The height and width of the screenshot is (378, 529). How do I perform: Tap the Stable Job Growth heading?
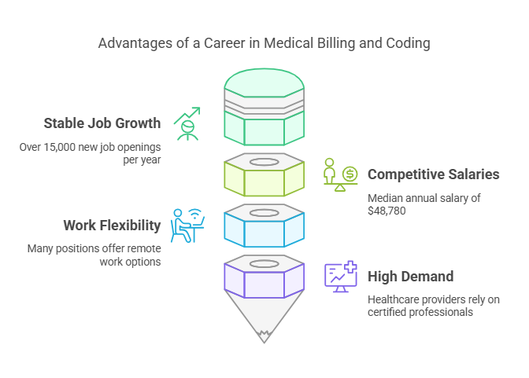[x=102, y=123]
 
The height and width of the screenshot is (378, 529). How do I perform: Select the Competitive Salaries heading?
[x=433, y=174]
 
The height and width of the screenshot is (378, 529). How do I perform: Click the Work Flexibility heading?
[x=112, y=226]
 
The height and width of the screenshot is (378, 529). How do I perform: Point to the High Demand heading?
[x=410, y=276]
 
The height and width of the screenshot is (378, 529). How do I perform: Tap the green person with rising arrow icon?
[x=187, y=123]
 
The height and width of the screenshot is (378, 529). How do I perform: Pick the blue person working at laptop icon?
[x=187, y=226]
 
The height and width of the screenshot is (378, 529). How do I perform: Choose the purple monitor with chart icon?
[x=341, y=277]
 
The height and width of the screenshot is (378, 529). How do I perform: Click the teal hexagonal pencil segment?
[x=264, y=126]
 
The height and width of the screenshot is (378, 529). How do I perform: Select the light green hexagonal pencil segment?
[x=264, y=178]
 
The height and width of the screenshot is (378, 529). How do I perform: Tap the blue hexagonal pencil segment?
[x=264, y=229]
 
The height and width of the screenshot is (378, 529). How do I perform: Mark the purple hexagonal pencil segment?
[x=264, y=280]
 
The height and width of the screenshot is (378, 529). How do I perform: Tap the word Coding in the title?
[x=409, y=43]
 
